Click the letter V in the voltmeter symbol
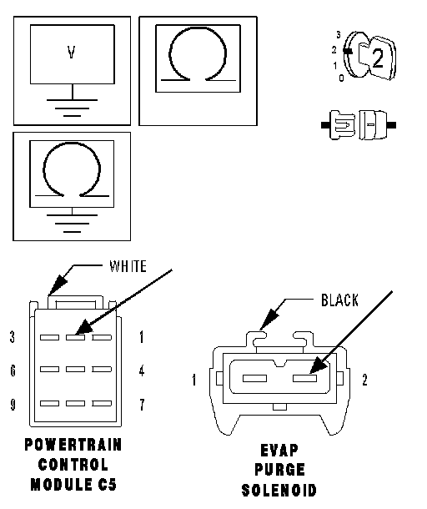pyautogui.click(x=72, y=52)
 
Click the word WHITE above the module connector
pyautogui.click(x=128, y=266)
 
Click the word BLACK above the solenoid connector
pyautogui.click(x=339, y=300)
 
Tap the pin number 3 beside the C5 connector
pyautogui.click(x=13, y=337)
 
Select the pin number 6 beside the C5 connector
pyautogui.click(x=13, y=370)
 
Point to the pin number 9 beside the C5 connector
pyautogui.click(x=13, y=404)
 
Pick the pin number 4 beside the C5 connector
pyautogui.click(x=142, y=370)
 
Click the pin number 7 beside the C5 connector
pyautogui.click(x=142, y=405)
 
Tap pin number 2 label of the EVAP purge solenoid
pyautogui.click(x=364, y=380)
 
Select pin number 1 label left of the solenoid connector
pyautogui.click(x=194, y=380)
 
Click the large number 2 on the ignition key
pyautogui.click(x=378, y=58)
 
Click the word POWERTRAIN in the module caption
pyautogui.click(x=73, y=445)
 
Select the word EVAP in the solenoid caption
pyautogui.click(x=279, y=451)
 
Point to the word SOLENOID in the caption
pyautogui.click(x=279, y=490)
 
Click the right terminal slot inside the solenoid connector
pyautogui.click(x=304, y=378)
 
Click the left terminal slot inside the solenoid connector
pyautogui.click(x=254, y=378)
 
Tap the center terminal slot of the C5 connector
pyautogui.click(x=75, y=369)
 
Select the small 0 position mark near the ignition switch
pyautogui.click(x=341, y=78)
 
